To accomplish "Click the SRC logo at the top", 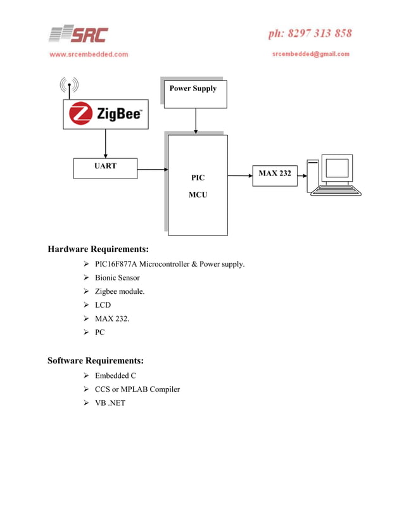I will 79,34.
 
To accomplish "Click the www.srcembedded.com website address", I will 89,54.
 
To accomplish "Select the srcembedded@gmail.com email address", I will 311,54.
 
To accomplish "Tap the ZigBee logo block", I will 106,115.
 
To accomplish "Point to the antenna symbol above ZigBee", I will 69,87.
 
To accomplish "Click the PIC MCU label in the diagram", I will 198,186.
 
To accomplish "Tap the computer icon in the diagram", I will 334,175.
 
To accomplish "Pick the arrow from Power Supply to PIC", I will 196,121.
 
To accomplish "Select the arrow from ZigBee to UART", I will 105,144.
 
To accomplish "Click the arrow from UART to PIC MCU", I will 152,169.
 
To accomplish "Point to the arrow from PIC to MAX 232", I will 239,175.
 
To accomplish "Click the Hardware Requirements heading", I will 98,249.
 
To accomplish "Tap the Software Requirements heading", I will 96,361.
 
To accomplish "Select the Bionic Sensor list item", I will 117,278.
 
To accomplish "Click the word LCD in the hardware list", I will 103,305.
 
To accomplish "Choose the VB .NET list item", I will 110,403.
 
